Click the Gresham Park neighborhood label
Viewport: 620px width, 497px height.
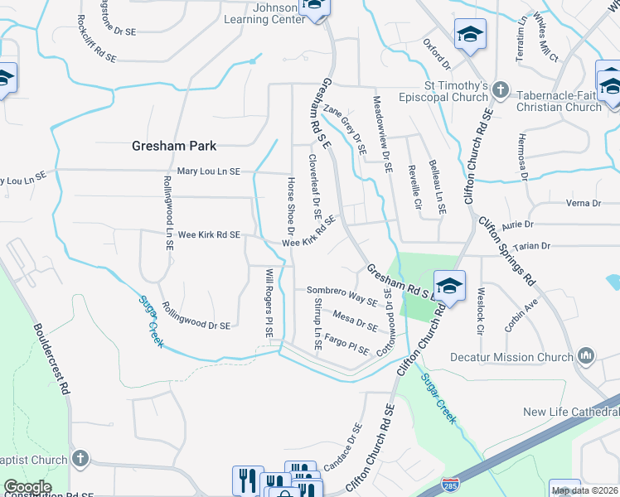[174, 146]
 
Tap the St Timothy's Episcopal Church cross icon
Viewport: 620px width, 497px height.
[500, 88]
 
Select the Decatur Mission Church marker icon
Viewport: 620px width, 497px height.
[587, 356]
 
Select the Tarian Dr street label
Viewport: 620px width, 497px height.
[532, 246]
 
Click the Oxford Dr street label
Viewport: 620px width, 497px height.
[436, 53]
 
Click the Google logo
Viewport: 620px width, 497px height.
[27, 487]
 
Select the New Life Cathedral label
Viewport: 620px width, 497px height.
[571, 413]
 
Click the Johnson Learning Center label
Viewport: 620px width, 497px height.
[260, 13]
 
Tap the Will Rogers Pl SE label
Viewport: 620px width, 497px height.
[269, 302]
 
